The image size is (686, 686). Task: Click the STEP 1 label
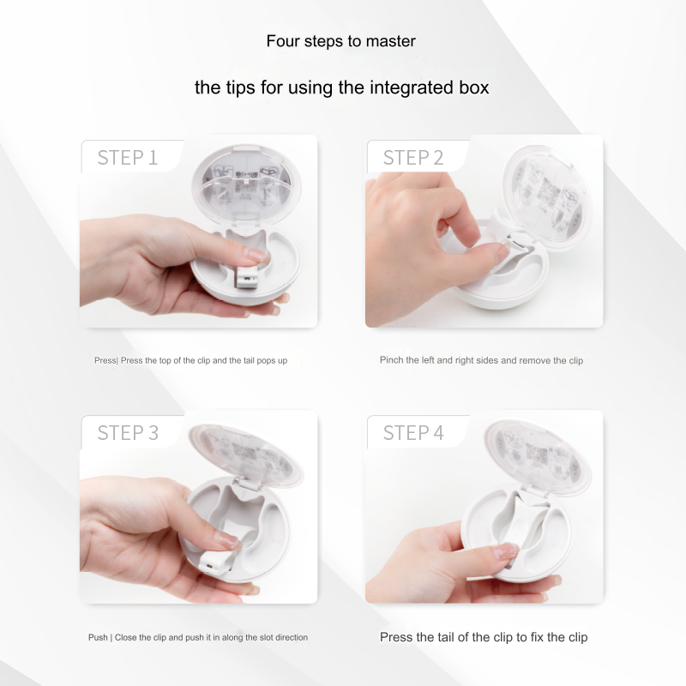[x=127, y=158]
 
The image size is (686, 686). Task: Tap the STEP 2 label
[x=413, y=158]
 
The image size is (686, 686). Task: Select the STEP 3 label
[x=127, y=433]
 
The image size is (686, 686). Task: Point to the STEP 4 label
[x=413, y=433]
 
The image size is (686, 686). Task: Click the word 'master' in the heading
[x=391, y=41]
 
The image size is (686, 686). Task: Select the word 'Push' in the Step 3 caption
[x=98, y=637]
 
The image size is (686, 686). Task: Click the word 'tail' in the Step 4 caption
[x=445, y=637]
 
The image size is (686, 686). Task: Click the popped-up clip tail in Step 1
[x=246, y=277]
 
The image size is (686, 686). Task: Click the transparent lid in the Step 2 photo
[x=546, y=198]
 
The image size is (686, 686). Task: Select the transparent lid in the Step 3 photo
[x=245, y=455]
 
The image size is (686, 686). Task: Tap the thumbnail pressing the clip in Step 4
[x=506, y=551]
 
